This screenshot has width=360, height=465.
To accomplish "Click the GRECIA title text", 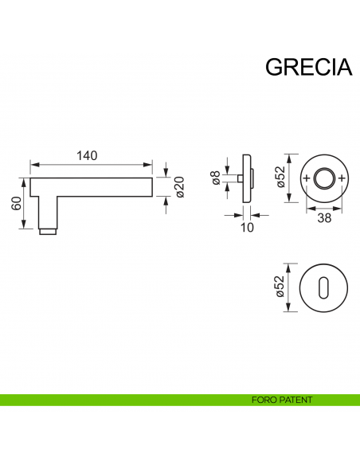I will tap(308, 67).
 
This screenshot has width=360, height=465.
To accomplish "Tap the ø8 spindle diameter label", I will tap(215, 178).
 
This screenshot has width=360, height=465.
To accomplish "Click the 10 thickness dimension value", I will tap(246, 228).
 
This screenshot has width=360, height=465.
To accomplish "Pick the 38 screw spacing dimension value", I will tap(323, 217).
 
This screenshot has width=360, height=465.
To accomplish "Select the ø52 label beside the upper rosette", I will tap(280, 176).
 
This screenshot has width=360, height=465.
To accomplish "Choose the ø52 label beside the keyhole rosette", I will tap(280, 289).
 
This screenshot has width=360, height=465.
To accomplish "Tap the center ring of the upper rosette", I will tap(324, 178).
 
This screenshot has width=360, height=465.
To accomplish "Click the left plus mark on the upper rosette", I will tap(307, 178).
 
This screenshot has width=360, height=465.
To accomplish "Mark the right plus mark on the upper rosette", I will tap(342, 178).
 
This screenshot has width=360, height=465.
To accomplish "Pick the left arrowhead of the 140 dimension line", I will tap(33, 166).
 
